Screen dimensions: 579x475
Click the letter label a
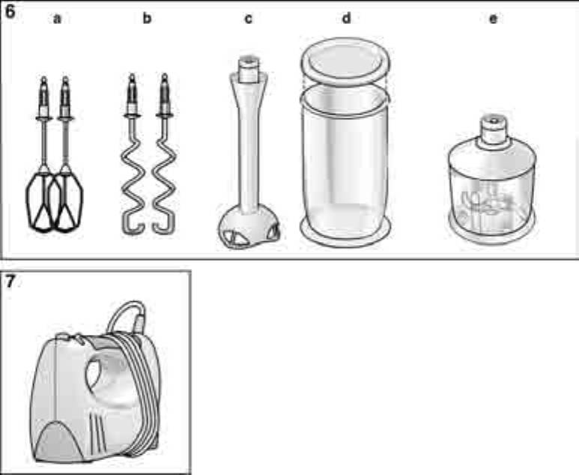(x=57, y=19)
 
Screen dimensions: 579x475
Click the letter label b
(x=147, y=18)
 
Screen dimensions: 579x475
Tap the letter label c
(x=249, y=19)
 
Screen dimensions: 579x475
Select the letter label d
(x=346, y=18)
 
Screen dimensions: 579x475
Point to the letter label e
(x=493, y=19)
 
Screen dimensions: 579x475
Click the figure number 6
(x=10, y=11)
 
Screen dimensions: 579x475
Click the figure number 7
(x=10, y=282)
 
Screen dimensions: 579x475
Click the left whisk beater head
(x=40, y=202)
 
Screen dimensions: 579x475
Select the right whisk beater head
(x=69, y=202)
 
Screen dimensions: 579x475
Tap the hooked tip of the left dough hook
(x=133, y=226)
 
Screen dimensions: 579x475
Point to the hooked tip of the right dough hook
(x=163, y=226)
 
